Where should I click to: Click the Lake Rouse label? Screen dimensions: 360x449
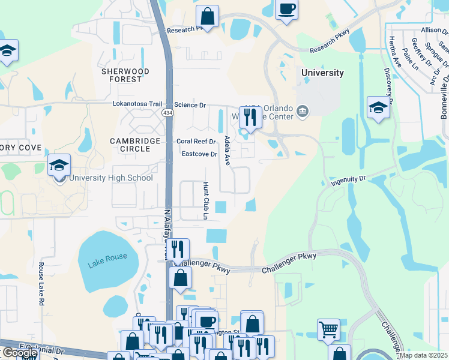click(107, 257)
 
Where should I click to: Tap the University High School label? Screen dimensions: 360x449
click(111, 178)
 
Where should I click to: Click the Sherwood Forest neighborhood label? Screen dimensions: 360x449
click(125, 75)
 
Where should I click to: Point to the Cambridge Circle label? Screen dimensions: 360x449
click(135, 145)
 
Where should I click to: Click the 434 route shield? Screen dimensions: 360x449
click(168, 112)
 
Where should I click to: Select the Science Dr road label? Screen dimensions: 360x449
click(190, 104)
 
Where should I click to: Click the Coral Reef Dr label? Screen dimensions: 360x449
click(196, 142)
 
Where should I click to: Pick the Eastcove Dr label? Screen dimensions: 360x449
click(199, 154)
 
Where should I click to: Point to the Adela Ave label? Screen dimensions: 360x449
click(227, 151)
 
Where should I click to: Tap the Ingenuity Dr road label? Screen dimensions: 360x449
click(348, 179)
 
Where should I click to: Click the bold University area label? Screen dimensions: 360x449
click(322, 73)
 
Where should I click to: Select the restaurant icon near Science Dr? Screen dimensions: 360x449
click(250, 116)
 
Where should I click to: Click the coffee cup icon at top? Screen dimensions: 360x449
click(286, 9)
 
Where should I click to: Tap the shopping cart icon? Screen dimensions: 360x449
click(328, 328)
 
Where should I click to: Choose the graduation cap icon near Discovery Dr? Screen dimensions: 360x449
click(378, 107)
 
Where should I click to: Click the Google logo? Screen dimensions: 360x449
click(19, 353)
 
